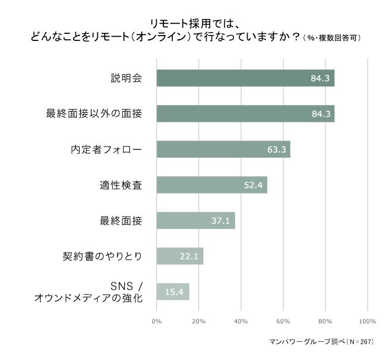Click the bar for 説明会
[x=245, y=78]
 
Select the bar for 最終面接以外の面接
[x=245, y=114]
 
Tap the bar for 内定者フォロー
[x=223, y=150]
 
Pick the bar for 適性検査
[x=212, y=185]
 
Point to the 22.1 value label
[x=189, y=256]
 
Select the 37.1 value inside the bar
[x=220, y=221]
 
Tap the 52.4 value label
[x=254, y=185]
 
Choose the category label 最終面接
[x=121, y=221]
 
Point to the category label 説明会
[x=126, y=78]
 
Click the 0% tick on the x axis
[x=157, y=321]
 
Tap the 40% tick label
[x=241, y=321]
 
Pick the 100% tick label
[x=368, y=321]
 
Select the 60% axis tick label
[x=283, y=321]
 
